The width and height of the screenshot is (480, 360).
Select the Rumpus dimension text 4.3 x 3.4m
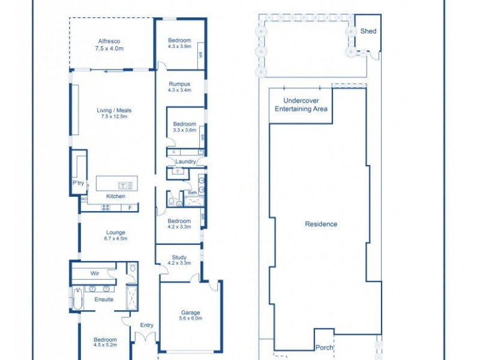[x=179, y=91]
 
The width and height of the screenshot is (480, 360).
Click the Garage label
[x=191, y=312]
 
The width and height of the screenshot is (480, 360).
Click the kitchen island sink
[x=125, y=185]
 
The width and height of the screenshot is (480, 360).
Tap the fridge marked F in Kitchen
[x=130, y=208]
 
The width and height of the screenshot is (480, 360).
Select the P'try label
[x=78, y=183]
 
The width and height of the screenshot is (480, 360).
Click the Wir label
[x=95, y=272]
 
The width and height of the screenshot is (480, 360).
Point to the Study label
[x=179, y=257]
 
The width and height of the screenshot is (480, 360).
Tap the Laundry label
[x=184, y=161]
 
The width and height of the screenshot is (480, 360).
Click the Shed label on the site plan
[x=368, y=31]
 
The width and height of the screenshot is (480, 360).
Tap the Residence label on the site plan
[x=321, y=224]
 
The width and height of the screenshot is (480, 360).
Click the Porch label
[x=324, y=347]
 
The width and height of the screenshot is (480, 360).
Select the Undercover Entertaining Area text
[x=301, y=105]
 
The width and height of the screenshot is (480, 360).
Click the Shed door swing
[x=374, y=55]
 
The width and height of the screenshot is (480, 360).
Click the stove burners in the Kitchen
[x=106, y=208]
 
